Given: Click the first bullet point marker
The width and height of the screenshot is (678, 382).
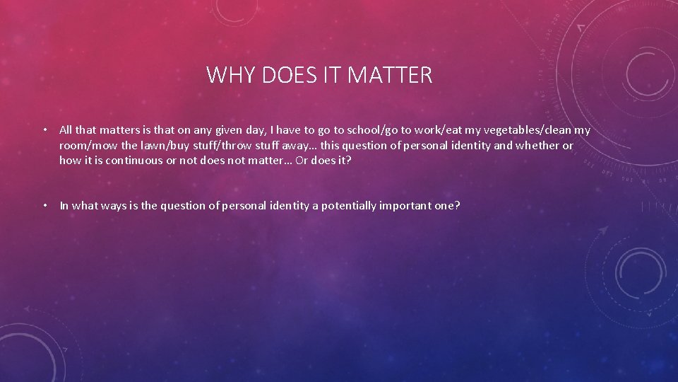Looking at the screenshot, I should click(44, 130).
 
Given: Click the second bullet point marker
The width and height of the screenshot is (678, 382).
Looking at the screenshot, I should click(44, 206).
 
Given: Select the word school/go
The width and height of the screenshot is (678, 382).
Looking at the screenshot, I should click(368, 130).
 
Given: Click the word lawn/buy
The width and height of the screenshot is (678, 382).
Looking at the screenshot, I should click(156, 145).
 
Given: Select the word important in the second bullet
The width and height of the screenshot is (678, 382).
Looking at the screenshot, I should click(408, 206).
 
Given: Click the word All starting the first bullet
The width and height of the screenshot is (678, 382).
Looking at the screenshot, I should click(66, 130).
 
